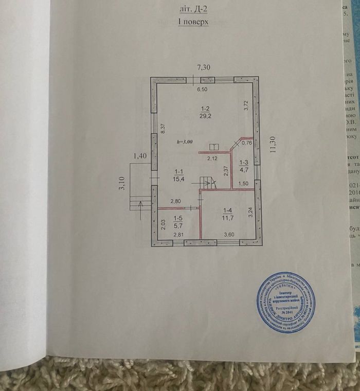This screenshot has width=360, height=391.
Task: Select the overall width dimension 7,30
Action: click(x=205, y=67)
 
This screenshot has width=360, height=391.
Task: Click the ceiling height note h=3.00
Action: click(x=184, y=141)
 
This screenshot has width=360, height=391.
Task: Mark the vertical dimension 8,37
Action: click(x=163, y=130)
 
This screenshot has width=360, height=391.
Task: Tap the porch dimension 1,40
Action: click(x=140, y=155)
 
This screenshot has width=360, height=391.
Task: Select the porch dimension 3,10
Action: click(x=121, y=185)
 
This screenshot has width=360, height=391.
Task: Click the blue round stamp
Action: click(x=286, y=303)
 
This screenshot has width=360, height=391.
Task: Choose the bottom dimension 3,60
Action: click(x=228, y=235)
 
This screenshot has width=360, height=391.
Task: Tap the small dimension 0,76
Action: click(x=247, y=143)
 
